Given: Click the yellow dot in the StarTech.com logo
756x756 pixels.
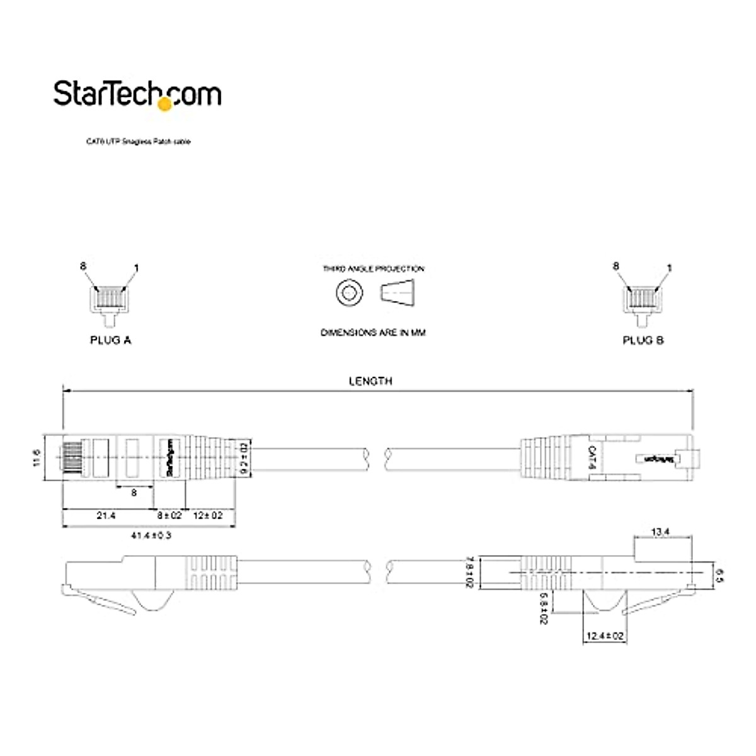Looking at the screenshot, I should click(164, 105).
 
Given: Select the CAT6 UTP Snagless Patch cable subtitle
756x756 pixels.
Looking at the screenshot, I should click(138, 142).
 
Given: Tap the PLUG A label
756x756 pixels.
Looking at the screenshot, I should click(110, 340).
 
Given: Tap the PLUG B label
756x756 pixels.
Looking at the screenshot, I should click(643, 340).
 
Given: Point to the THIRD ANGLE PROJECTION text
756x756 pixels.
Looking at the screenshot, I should click(374, 269).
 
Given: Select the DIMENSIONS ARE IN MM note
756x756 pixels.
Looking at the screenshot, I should click(373, 333).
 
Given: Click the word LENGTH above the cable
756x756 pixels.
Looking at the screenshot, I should click(370, 381).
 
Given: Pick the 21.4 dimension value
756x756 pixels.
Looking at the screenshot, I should click(106, 515).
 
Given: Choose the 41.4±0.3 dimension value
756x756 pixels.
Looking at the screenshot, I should click(151, 535).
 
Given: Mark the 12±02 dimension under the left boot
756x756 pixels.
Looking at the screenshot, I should click(208, 515).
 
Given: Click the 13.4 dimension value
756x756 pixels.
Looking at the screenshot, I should click(660, 532).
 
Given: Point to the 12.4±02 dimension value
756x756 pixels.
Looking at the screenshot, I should click(605, 636).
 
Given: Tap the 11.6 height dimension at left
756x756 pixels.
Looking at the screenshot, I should click(37, 458).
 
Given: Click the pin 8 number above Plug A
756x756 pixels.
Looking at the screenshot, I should click(83, 266).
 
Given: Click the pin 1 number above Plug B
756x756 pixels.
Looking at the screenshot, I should click(669, 268).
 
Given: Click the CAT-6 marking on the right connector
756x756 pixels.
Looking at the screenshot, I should click(591, 458).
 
